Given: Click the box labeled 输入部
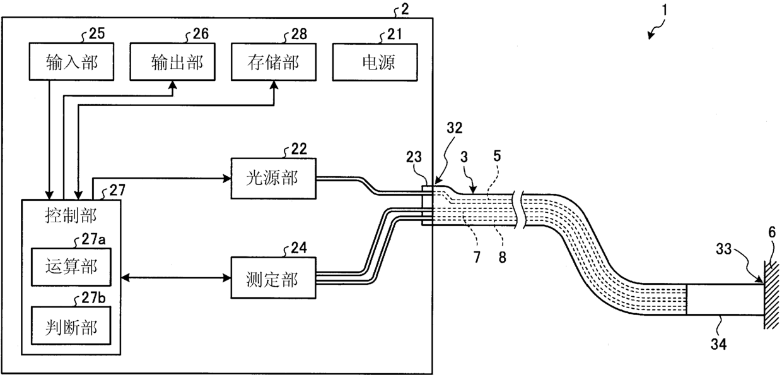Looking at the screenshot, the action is (x=71, y=61).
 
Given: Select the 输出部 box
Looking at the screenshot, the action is (x=172, y=62).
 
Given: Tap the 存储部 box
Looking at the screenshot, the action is (x=274, y=62).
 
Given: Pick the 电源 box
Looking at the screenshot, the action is (x=375, y=63).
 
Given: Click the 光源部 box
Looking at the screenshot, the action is (x=274, y=179).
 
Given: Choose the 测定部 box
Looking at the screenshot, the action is (x=274, y=278).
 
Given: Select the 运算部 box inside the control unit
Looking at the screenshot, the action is (x=71, y=267).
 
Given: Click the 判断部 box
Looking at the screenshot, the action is (x=71, y=326).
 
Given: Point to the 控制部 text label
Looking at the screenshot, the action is (x=71, y=215).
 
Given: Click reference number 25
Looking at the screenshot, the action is (x=96, y=33).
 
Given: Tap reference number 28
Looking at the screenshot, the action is (x=299, y=34).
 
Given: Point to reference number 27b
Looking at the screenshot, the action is (x=93, y=297).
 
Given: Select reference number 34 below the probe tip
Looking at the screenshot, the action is (x=718, y=344).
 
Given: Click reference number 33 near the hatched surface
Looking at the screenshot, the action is (x=723, y=249).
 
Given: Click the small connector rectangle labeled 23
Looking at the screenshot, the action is (x=428, y=206).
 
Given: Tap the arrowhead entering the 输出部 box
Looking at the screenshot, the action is (x=172, y=85).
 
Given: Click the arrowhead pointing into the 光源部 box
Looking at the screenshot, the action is (x=227, y=179).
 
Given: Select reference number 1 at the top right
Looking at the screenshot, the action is (x=665, y=10).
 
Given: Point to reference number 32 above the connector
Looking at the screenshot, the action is (x=454, y=128).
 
